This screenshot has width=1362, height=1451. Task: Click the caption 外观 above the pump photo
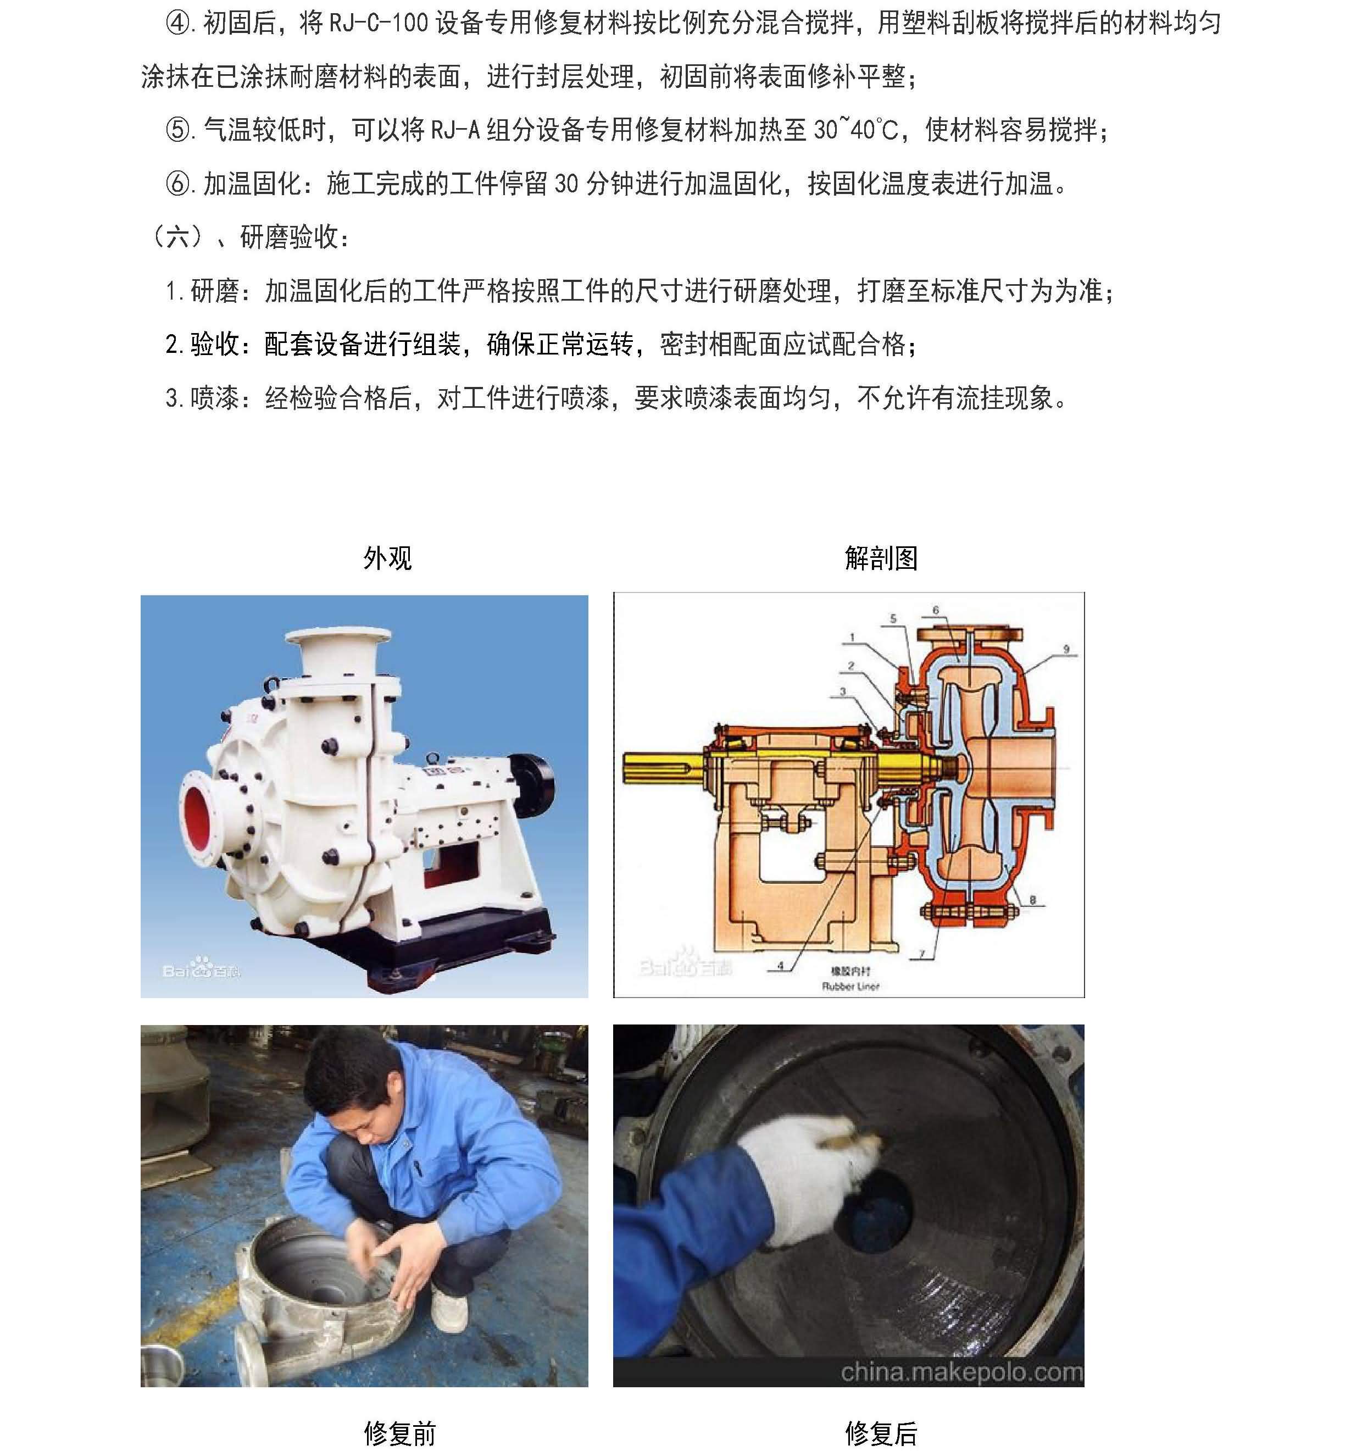click(x=387, y=558)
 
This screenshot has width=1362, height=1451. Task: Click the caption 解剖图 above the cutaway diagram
click(x=881, y=558)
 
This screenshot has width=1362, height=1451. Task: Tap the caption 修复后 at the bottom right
click(x=881, y=1433)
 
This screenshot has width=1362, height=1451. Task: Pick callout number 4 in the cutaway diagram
click(x=780, y=965)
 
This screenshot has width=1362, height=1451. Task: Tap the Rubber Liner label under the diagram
click(x=850, y=986)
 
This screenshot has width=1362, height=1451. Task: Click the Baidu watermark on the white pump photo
click(x=201, y=971)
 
